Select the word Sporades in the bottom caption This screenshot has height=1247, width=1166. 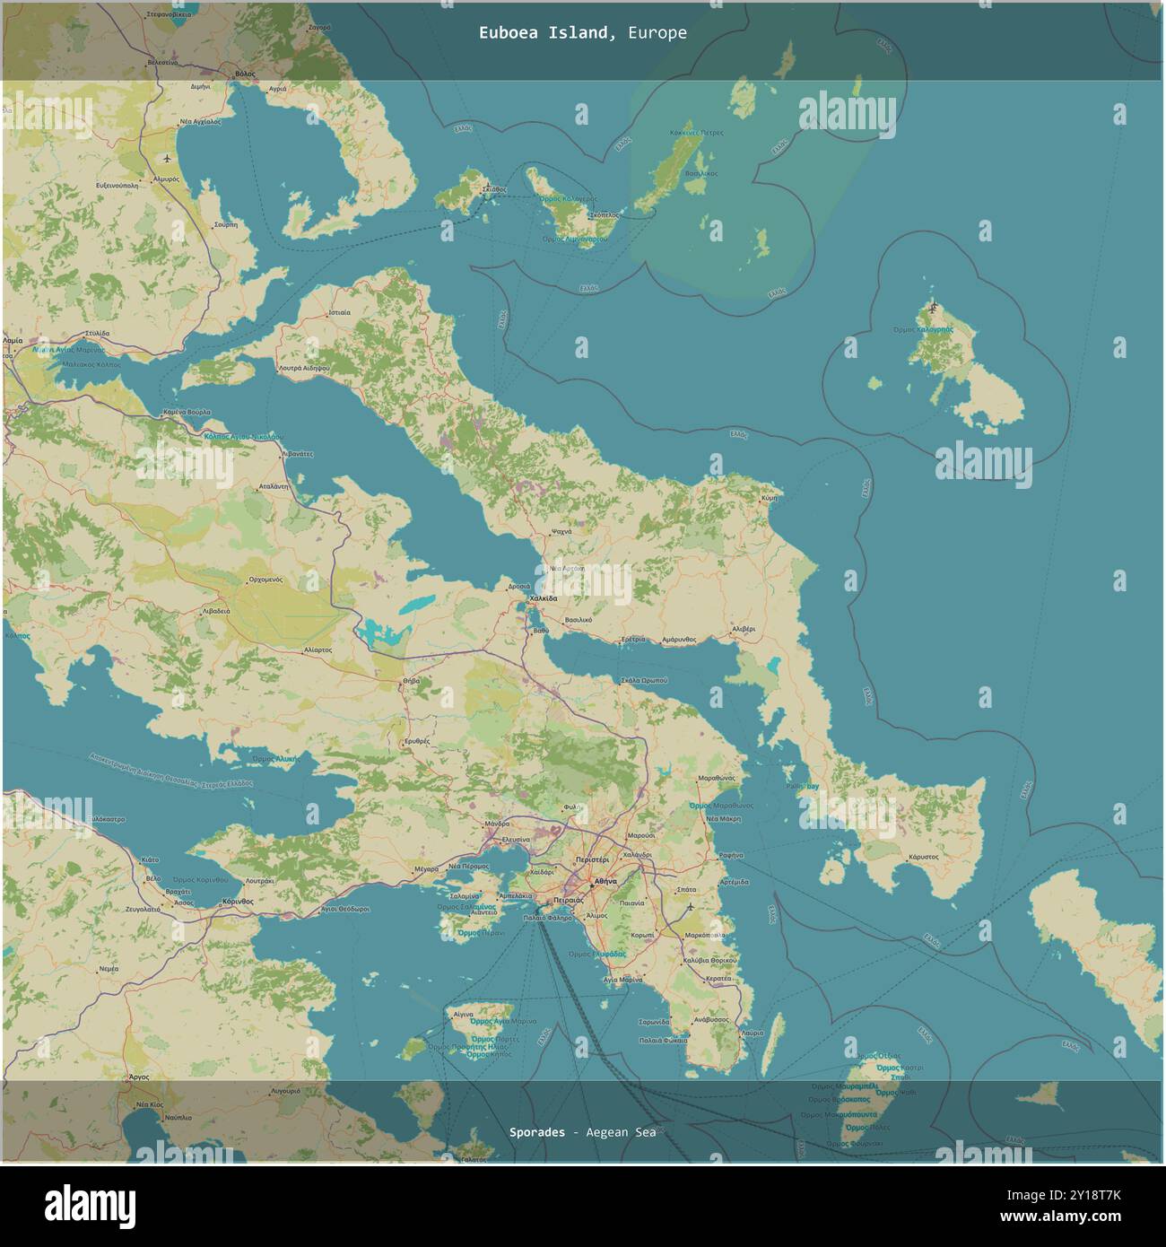[537, 1132]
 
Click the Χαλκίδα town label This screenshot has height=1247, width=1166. [544, 597]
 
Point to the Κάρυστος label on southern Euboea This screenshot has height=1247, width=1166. [923, 857]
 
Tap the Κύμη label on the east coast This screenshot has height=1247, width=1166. [769, 497]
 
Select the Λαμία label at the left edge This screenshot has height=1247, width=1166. [13, 341]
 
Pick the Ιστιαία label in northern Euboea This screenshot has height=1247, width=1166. [339, 313]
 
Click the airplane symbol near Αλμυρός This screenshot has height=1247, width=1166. [167, 159]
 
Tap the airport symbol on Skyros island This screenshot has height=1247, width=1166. [934, 309]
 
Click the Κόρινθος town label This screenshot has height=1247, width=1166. [238, 901]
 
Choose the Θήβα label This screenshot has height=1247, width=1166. [411, 682]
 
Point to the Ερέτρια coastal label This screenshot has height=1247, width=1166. [633, 640]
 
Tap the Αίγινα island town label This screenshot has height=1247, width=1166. [462, 1013]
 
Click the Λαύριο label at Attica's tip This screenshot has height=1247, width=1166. [752, 1033]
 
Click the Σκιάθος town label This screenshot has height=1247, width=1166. [494, 189]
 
